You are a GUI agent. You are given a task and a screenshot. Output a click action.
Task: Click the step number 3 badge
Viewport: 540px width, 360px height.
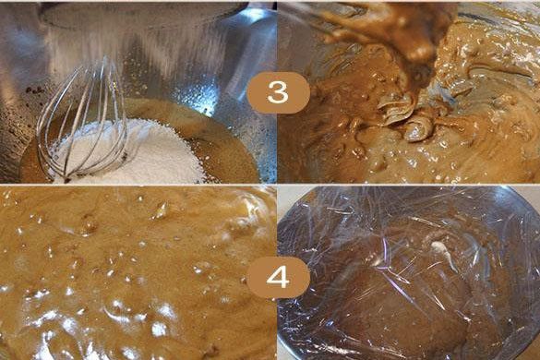[278, 92]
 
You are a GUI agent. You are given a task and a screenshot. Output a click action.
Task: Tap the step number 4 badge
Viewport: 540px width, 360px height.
[278, 277]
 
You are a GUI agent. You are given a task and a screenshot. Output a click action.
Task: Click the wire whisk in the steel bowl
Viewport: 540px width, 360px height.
[83, 124]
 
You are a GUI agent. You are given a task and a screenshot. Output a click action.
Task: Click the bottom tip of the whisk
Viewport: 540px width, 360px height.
[66, 180]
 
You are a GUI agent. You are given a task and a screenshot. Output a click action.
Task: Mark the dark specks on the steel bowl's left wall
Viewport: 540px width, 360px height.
[35, 90]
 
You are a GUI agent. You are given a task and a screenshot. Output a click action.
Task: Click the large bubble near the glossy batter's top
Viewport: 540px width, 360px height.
[161, 210]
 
